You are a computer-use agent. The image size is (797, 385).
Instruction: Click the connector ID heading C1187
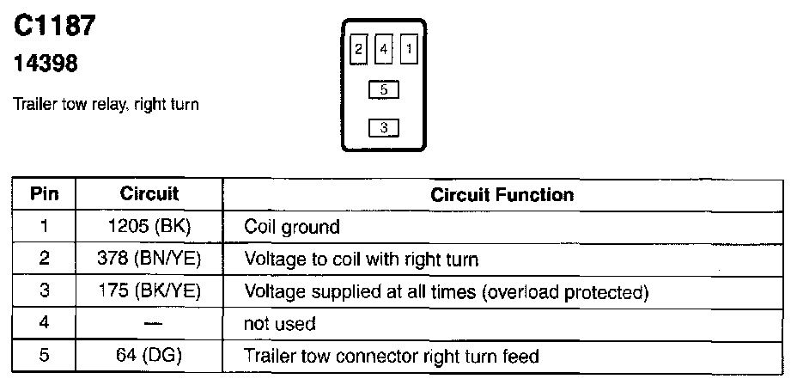(54, 27)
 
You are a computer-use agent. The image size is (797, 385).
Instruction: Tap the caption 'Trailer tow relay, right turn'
(106, 105)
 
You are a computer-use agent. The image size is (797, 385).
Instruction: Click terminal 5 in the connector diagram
(384, 89)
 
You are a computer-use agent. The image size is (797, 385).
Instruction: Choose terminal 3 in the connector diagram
(384, 128)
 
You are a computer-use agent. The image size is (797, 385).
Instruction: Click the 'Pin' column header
(45, 195)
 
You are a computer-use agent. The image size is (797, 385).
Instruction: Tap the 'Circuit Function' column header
(502, 195)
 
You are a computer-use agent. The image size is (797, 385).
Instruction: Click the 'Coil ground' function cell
(292, 227)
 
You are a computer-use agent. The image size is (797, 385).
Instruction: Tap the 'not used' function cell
(280, 324)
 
